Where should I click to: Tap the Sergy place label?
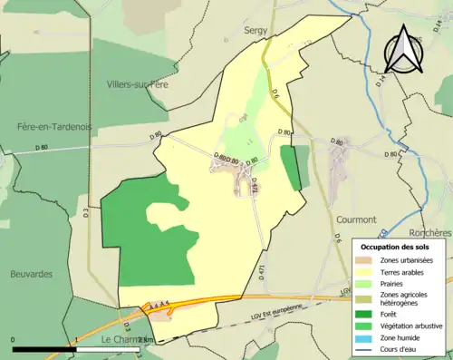pyautogui.click(x=256, y=30)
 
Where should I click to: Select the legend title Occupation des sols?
pyautogui.click(x=396, y=247)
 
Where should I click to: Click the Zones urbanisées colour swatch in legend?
pyautogui.click(x=367, y=261)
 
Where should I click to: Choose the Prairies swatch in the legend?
pyautogui.click(x=367, y=284)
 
